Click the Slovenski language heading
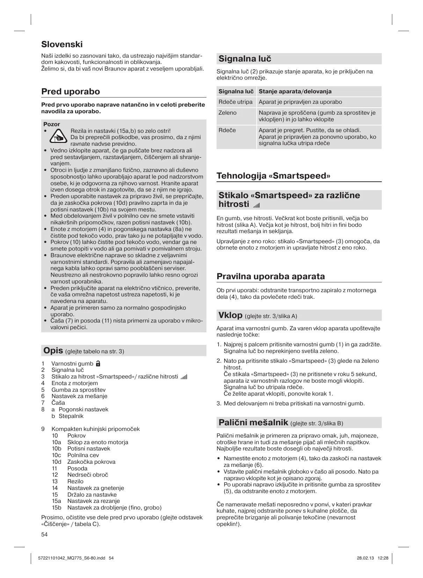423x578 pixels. (x=62, y=44)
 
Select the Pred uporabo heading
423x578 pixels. (x=71, y=92)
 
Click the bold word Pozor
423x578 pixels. (x=51, y=124)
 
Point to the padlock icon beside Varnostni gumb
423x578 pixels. (x=99, y=363)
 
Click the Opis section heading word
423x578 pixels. (x=52, y=351)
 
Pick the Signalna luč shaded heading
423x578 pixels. (x=245, y=59)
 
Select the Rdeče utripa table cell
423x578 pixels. (x=235, y=102)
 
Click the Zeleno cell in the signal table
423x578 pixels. (x=227, y=113)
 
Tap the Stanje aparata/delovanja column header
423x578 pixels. (x=295, y=92)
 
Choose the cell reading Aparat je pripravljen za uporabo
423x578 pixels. (x=300, y=102)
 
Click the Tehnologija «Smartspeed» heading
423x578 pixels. (x=273, y=175)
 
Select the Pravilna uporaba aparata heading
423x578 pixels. (x=270, y=276)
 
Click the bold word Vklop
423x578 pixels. (x=230, y=315)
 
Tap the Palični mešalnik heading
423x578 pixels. (x=253, y=422)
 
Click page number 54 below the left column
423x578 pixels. (x=44, y=534)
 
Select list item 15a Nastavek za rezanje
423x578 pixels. (x=86, y=501)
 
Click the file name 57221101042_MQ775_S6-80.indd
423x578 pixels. (x=71, y=558)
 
